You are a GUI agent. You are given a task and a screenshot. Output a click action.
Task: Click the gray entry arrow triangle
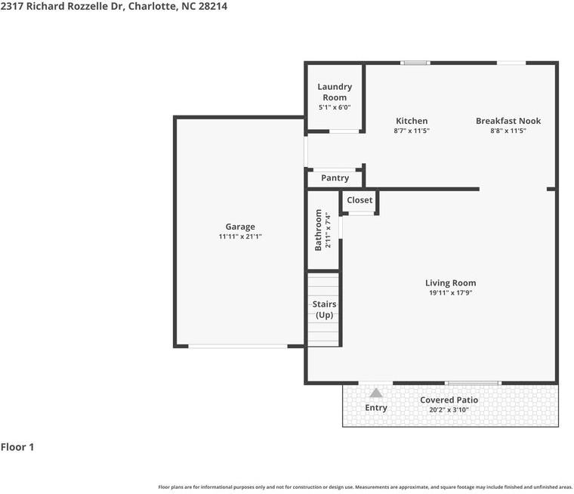click(x=376, y=393)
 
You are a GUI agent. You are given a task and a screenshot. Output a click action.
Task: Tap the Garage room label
click(x=240, y=227)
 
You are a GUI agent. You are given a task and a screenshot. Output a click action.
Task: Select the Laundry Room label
click(x=335, y=92)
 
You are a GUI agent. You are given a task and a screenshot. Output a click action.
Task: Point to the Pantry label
click(x=335, y=178)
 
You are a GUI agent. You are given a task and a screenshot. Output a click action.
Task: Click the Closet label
click(x=360, y=200)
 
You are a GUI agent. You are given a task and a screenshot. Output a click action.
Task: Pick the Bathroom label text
click(x=318, y=230)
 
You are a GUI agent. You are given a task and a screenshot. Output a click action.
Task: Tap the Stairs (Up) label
click(x=324, y=310)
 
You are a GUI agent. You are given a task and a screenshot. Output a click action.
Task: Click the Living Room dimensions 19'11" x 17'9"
click(x=451, y=292)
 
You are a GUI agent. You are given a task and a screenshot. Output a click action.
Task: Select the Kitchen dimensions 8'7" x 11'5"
click(x=412, y=131)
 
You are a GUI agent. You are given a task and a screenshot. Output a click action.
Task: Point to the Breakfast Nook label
click(x=508, y=121)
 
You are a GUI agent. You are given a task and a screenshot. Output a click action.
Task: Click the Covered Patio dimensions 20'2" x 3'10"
click(x=449, y=409)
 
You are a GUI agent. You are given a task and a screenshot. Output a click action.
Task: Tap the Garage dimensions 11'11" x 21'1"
click(x=240, y=236)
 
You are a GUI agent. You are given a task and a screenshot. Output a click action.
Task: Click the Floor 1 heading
click(x=17, y=447)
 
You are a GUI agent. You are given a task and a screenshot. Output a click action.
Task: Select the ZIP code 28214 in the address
click(x=213, y=6)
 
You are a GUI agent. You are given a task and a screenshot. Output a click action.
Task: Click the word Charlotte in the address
click(x=152, y=6)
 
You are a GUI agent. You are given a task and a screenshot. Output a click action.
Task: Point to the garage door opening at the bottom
click(x=238, y=346)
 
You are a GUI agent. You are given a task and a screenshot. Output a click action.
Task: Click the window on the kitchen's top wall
click(x=415, y=63)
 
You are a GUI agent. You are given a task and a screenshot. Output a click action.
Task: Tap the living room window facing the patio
click(x=473, y=383)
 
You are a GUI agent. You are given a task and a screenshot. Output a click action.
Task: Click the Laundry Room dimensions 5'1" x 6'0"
click(x=335, y=108)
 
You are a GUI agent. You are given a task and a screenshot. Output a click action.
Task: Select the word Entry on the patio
click(x=376, y=408)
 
